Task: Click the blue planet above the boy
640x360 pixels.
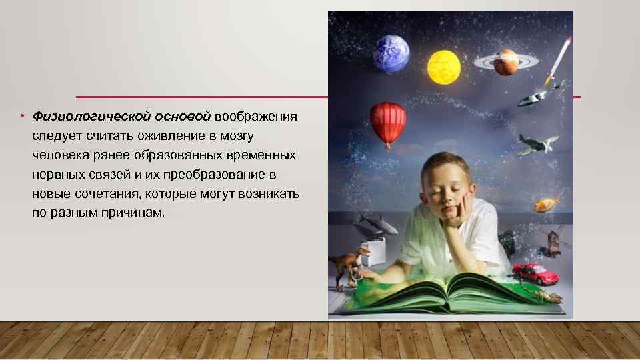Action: point(391,53)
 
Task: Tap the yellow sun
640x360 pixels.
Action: point(443,67)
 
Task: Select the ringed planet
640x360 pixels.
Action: point(505,62)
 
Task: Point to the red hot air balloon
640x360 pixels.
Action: point(388,122)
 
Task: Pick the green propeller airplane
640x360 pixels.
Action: point(537,143)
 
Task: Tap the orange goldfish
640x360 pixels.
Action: point(545,203)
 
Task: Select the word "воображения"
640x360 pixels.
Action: point(255,117)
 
